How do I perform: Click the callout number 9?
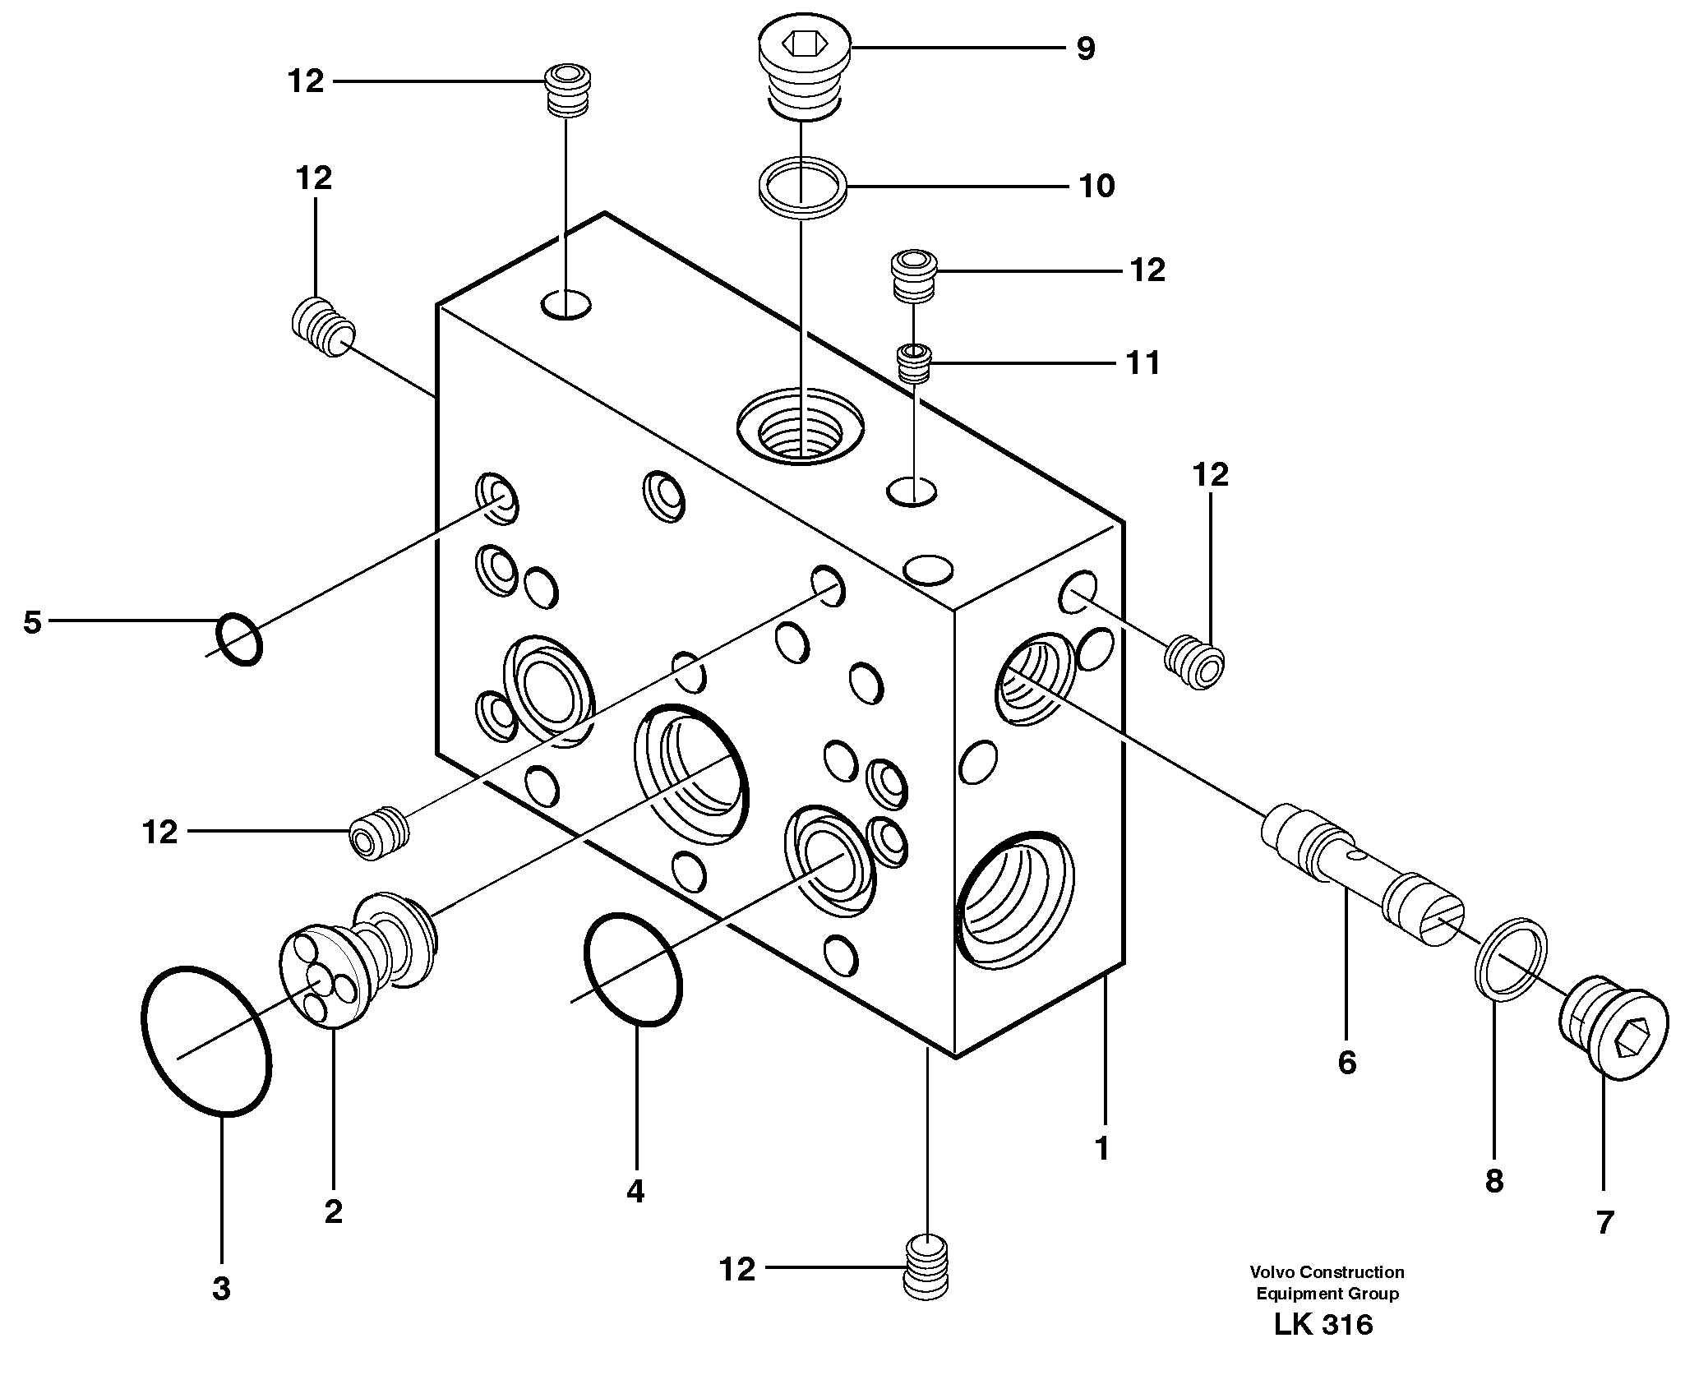pyautogui.click(x=1085, y=49)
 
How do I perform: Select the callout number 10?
pyautogui.click(x=1096, y=186)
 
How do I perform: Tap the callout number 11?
pyautogui.click(x=1143, y=362)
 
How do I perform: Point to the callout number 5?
pyautogui.click(x=31, y=622)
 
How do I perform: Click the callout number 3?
pyautogui.click(x=220, y=1289)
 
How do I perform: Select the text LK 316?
pyautogui.click(x=1323, y=1348)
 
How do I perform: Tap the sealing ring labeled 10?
pyautogui.click(x=802, y=188)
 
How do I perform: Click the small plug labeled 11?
pyautogui.click(x=913, y=363)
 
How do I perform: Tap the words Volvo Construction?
pyautogui.click(x=1327, y=1272)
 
